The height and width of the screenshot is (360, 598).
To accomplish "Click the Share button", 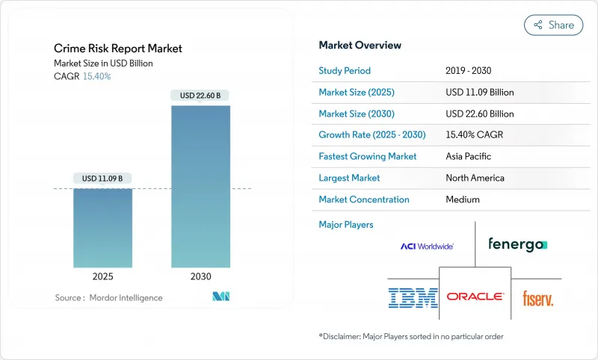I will click(x=553, y=25).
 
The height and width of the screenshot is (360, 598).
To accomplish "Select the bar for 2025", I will click(x=102, y=228).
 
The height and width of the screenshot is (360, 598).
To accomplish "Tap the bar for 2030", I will click(x=200, y=186).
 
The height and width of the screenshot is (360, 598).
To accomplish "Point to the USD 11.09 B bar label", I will click(x=102, y=179).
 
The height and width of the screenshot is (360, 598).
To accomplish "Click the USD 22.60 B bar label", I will click(x=200, y=95).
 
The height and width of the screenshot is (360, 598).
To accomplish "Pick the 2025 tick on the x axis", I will click(x=102, y=276).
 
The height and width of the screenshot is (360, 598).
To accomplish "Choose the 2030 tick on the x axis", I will click(x=200, y=276).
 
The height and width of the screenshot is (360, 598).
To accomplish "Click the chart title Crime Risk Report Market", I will click(x=118, y=49).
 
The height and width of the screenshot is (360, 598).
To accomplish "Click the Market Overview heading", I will click(x=360, y=45).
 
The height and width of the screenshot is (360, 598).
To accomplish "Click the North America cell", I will click(x=475, y=178).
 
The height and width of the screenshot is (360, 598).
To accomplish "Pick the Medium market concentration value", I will click(x=462, y=199).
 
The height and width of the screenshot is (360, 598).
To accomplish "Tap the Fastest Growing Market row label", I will click(x=368, y=157).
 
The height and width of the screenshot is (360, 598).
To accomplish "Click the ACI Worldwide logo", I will click(x=427, y=246).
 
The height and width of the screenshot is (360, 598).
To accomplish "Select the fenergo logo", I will click(x=517, y=244).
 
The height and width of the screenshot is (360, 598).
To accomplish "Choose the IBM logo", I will click(x=413, y=297).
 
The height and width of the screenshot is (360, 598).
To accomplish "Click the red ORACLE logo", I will click(x=475, y=297).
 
